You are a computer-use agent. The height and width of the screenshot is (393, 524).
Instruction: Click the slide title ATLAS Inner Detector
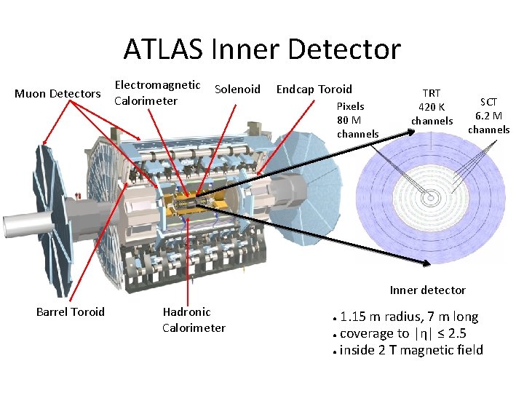click(x=262, y=49)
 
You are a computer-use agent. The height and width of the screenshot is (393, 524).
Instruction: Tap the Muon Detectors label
click(x=57, y=94)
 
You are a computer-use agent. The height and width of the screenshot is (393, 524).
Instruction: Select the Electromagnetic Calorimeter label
click(x=157, y=93)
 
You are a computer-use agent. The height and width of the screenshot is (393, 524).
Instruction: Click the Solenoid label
click(x=237, y=90)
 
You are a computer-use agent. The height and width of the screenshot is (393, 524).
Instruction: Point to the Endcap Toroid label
click(x=314, y=90)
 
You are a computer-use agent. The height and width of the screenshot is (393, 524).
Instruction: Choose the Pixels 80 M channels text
click(x=357, y=120)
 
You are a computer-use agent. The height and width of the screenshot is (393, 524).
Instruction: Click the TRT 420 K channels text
click(x=432, y=107)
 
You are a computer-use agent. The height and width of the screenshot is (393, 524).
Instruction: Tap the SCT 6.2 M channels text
click(x=488, y=116)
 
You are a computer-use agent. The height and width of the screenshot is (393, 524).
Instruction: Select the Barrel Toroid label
click(x=70, y=312)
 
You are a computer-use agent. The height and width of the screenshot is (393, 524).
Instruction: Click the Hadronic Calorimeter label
click(x=193, y=319)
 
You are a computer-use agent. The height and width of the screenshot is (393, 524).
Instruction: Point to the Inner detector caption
click(x=427, y=290)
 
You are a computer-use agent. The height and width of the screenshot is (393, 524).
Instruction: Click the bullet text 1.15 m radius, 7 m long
click(x=408, y=317)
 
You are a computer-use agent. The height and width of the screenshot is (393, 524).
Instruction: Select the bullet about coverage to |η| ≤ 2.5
click(x=402, y=334)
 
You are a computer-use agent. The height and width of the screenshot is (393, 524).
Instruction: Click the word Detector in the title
click(x=345, y=49)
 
